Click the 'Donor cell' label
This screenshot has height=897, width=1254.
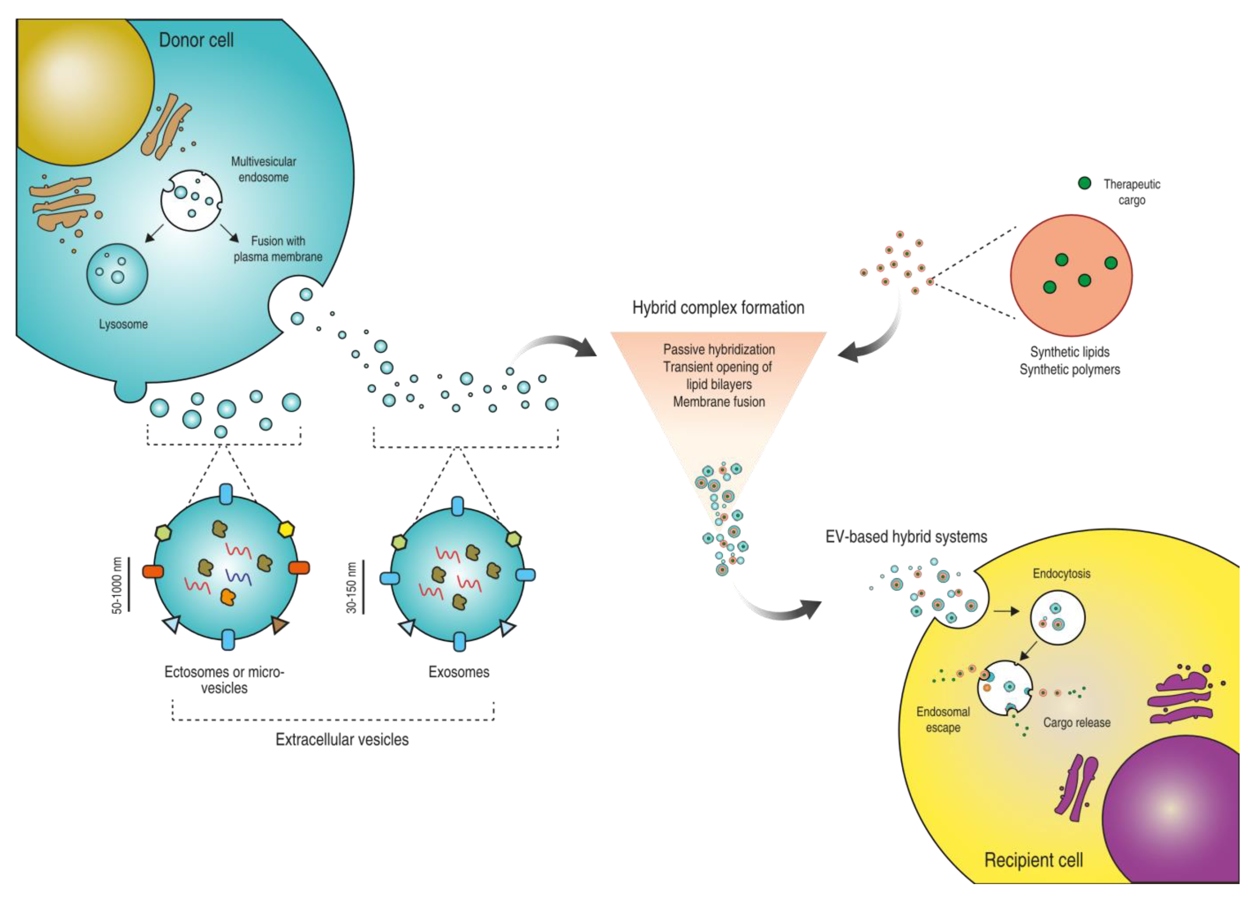point(196,40)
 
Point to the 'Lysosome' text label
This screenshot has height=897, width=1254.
point(123,324)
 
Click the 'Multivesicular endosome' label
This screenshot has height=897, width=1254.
point(264,169)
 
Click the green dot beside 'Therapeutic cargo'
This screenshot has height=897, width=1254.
point(1085,183)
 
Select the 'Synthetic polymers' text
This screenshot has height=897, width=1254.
point(1070,370)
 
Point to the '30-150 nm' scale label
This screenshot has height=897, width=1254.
point(351,587)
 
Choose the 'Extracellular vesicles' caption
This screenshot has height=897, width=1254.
point(342,740)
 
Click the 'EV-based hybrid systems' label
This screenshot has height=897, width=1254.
point(906,537)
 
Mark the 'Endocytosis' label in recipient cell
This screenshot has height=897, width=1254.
point(1061,573)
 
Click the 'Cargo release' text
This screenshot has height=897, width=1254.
point(1076,723)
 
